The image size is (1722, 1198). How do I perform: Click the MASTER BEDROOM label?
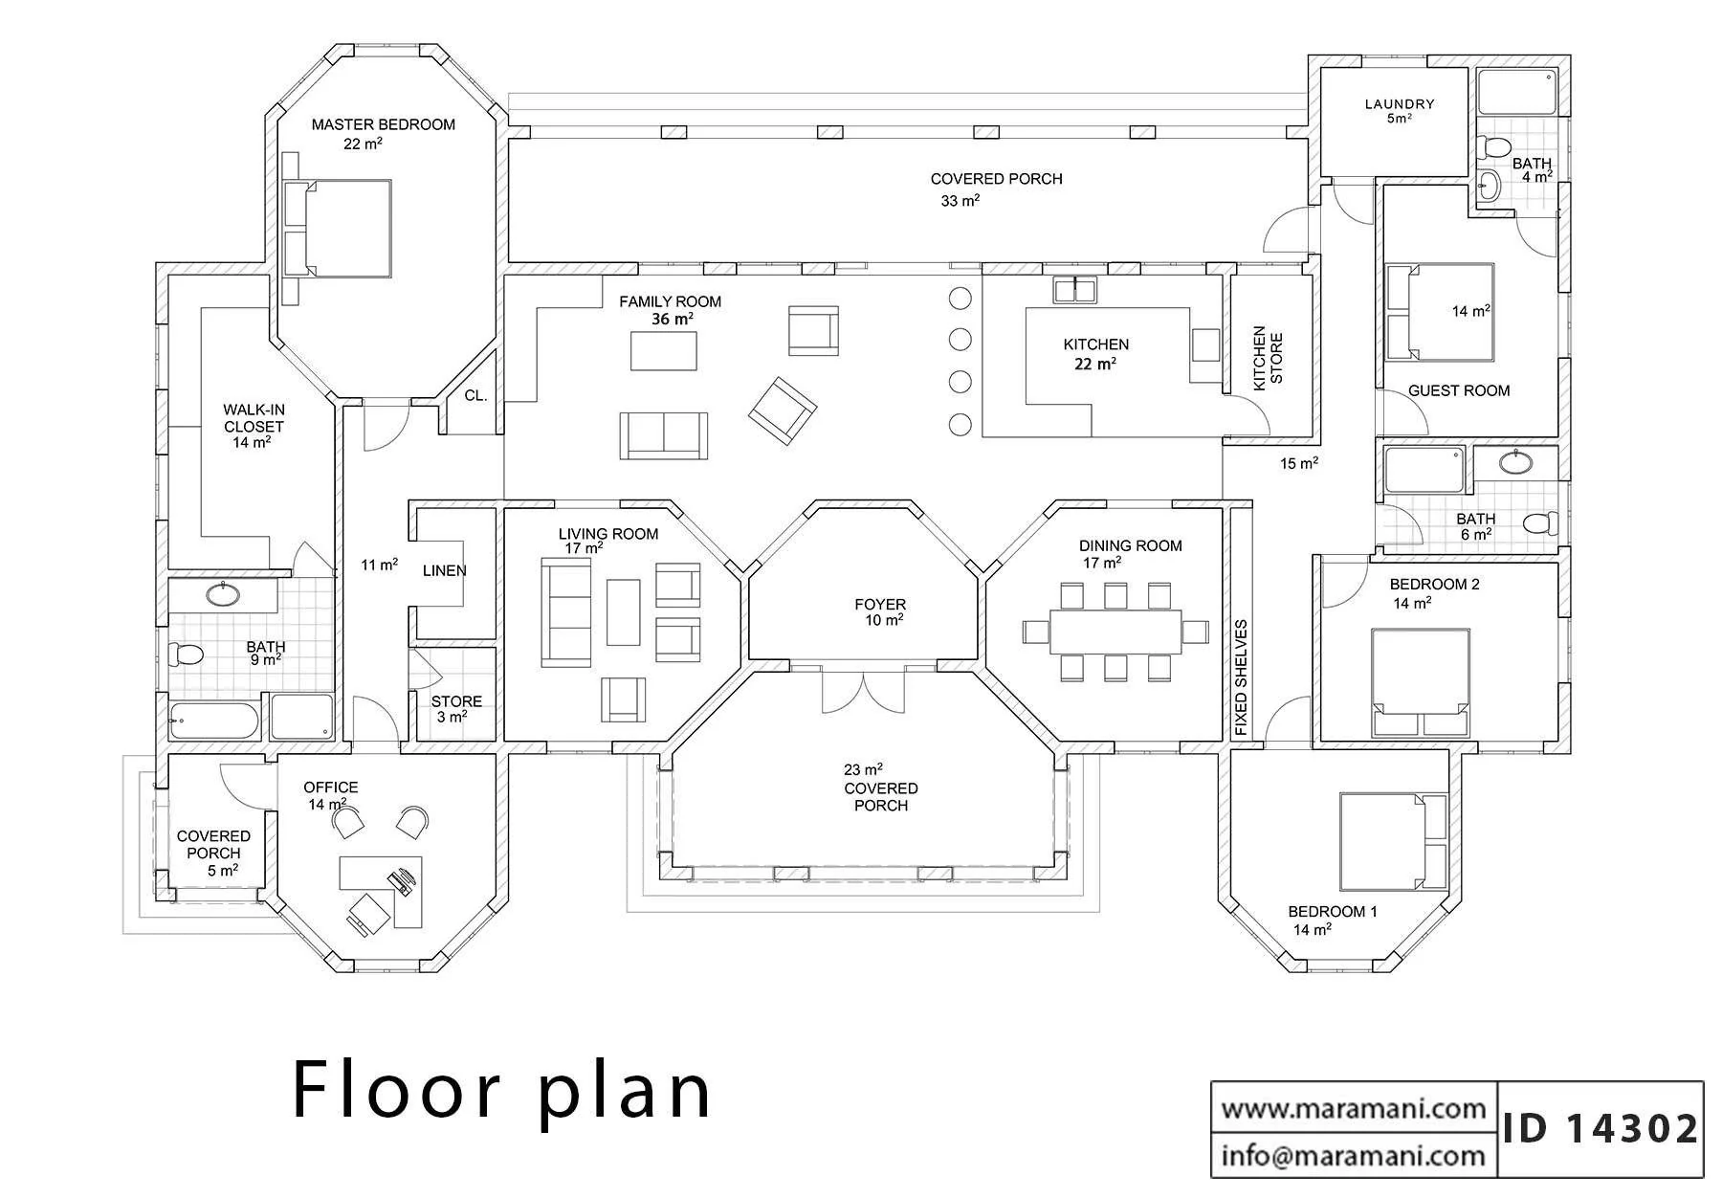click(x=383, y=124)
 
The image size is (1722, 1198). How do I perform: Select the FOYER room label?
click(x=880, y=604)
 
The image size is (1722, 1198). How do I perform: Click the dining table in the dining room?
click(x=1115, y=632)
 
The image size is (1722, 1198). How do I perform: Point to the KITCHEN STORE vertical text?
click(x=1268, y=357)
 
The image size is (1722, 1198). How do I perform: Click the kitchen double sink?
click(x=1075, y=289)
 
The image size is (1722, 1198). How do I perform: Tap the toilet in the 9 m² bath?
click(x=186, y=655)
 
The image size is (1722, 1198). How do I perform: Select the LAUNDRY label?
click(x=1400, y=104)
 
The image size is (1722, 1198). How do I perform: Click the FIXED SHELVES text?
click(x=1241, y=677)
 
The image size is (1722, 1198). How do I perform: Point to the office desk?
click(x=381, y=891)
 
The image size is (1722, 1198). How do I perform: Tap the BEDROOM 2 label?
click(x=1434, y=584)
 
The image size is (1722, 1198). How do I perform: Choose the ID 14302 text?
click(x=1601, y=1128)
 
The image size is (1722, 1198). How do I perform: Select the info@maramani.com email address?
click(x=1354, y=1156)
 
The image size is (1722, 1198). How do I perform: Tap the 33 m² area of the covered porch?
click(x=960, y=201)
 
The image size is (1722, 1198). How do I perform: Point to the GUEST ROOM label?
click(x=1459, y=390)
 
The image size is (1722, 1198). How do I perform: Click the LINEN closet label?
click(x=445, y=570)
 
